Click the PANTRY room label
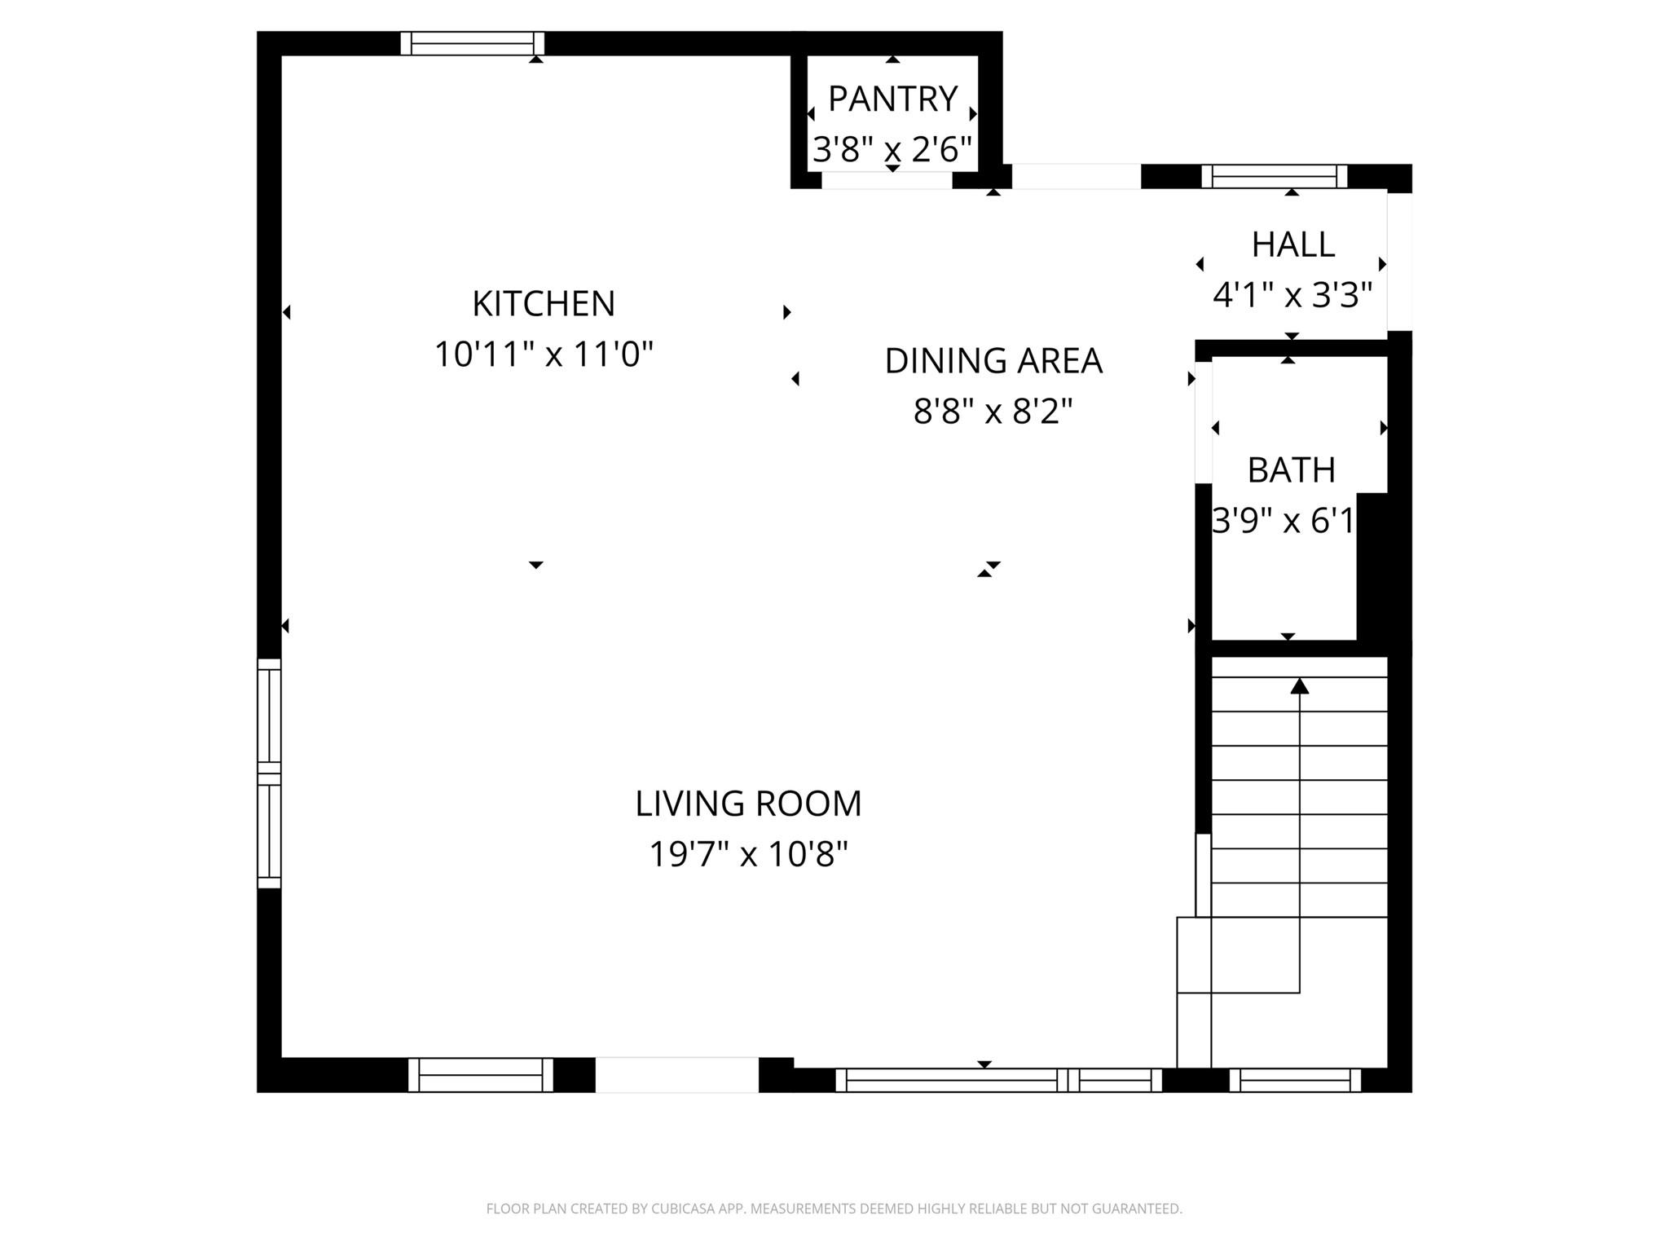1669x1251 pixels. point(892,99)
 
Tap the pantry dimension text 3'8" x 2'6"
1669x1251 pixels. point(892,150)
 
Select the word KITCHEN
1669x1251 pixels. point(544,304)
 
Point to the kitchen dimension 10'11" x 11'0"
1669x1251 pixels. point(544,355)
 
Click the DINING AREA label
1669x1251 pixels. point(993,361)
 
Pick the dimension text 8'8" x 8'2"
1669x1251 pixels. point(993,412)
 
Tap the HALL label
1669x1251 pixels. point(1292,244)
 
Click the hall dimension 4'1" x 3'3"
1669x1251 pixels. point(1292,295)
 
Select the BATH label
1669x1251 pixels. point(1291,470)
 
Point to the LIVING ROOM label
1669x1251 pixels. point(748,804)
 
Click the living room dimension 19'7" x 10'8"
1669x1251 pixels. point(748,855)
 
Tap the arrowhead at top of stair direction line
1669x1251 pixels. point(1299,686)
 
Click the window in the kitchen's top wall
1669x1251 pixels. point(472,43)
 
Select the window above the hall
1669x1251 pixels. point(1274,176)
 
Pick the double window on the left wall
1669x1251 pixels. point(269,773)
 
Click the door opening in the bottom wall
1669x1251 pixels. point(676,1074)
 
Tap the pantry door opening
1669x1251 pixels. point(886,180)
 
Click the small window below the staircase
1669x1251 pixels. point(1295,1080)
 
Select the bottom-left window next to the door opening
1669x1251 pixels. point(480,1074)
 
